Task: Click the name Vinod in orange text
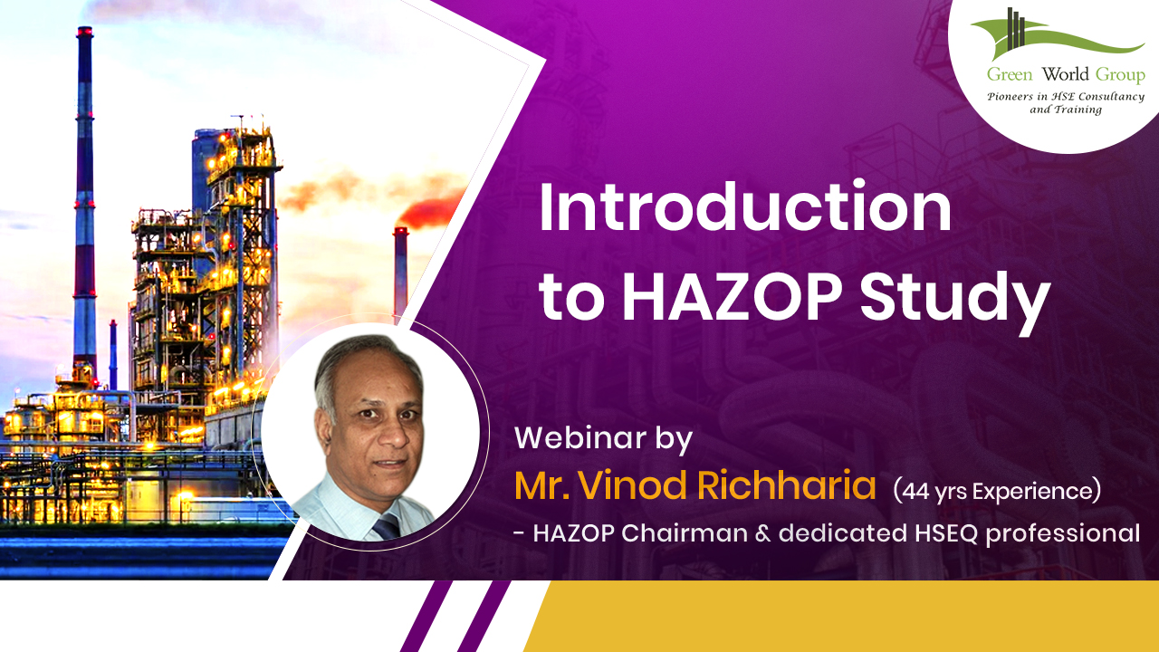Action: coord(631,485)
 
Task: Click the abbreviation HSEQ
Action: coord(946,534)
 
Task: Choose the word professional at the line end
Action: coord(1063,535)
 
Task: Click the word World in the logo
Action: coord(1066,74)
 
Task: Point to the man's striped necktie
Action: coord(386,527)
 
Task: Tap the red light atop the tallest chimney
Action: coord(84,32)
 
